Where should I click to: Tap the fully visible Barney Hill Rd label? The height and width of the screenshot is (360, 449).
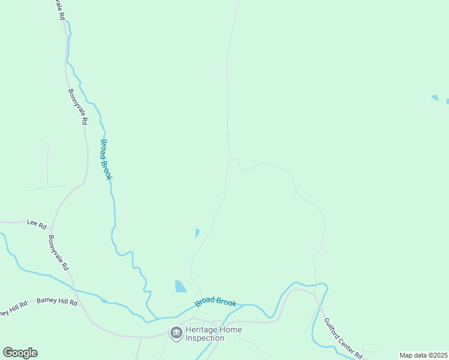click(57, 302)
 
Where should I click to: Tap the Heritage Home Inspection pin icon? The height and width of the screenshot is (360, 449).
click(176, 333)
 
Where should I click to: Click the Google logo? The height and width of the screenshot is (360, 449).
click(20, 353)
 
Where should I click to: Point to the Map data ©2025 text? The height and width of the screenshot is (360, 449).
click(424, 355)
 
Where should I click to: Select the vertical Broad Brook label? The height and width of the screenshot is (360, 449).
click(106, 160)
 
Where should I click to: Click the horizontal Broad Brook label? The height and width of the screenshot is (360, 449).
click(215, 304)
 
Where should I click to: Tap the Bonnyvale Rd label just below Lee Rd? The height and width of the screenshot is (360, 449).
click(59, 253)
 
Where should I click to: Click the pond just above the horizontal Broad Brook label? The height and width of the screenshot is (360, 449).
click(180, 286)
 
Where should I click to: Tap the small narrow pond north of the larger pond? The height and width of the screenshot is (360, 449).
click(197, 233)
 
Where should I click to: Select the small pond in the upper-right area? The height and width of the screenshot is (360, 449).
click(435, 97)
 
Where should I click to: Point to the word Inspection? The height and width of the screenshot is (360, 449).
click(204, 338)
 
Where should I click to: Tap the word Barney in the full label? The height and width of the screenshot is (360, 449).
click(47, 301)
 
